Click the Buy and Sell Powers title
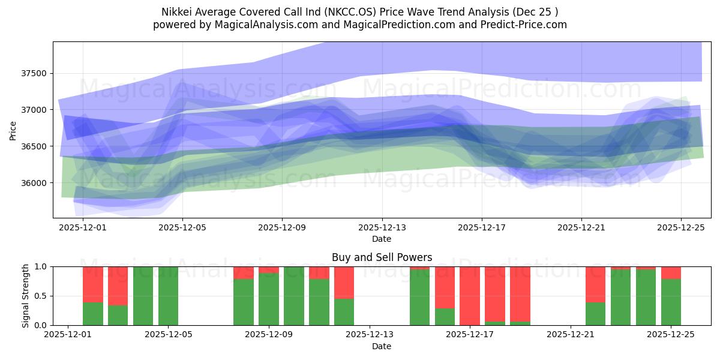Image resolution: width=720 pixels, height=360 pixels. tap(382, 257)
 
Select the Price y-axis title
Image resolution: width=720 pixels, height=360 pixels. tap(13, 130)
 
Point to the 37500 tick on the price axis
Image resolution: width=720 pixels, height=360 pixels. tap(34, 74)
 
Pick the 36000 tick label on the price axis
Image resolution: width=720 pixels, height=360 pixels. tap(34, 183)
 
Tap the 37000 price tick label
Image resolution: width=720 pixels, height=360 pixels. tap(34, 110)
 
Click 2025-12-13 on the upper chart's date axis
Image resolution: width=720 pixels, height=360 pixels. tap(382, 228)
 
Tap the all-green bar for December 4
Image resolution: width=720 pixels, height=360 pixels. tap(143, 296)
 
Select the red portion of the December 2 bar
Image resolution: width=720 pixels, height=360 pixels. tap(93, 284)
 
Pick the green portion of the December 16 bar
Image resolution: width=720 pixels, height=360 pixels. tap(445, 317)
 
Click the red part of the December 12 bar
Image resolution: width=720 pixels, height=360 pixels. tap(344, 282)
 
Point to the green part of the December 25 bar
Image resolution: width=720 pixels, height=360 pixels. tap(671, 302)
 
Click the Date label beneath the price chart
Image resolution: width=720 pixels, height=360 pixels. tap(382, 239)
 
